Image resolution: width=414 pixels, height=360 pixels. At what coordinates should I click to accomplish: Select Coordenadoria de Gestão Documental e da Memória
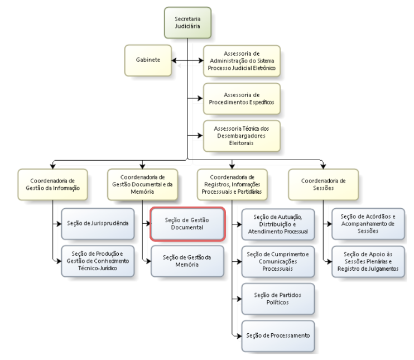[143, 184]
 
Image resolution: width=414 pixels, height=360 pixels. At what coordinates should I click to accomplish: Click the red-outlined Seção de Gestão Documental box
[187, 224]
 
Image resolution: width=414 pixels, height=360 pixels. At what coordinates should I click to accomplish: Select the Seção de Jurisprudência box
[98, 223]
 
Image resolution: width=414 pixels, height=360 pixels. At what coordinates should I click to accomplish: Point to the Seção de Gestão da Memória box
[187, 261]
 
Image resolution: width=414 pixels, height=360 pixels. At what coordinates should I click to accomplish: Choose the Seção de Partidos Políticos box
[277, 298]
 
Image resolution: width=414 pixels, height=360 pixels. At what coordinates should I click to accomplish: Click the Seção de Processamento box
[277, 335]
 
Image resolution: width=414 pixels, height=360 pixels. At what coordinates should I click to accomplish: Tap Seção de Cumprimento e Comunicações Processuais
[277, 261]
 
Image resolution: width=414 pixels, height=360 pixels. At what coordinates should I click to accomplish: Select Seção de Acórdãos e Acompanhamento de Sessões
[368, 224]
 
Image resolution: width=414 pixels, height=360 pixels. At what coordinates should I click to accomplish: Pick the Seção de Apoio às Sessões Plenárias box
[368, 261]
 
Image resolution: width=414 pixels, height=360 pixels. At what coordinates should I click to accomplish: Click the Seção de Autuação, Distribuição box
[277, 224]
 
